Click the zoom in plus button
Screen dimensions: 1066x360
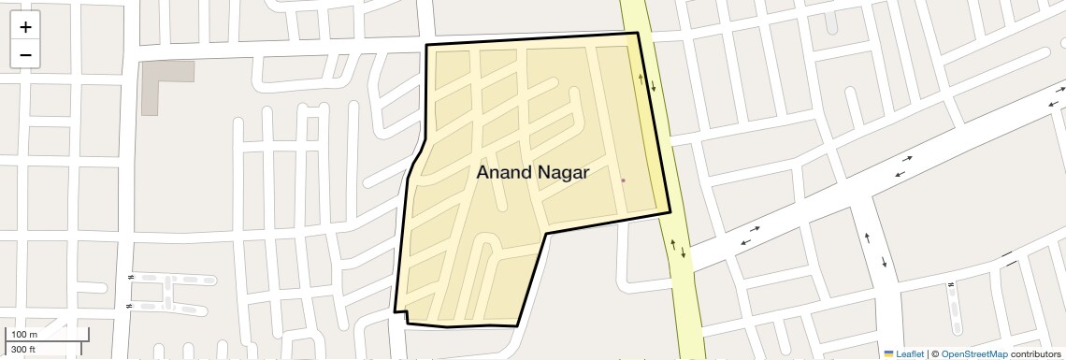pyautogui.click(x=25, y=27)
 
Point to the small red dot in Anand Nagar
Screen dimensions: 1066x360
pyautogui.click(x=623, y=180)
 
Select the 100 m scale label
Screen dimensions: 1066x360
pyautogui.click(x=24, y=335)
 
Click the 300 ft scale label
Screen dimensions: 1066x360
pyautogui.click(x=23, y=350)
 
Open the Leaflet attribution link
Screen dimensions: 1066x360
pyautogui.click(x=909, y=353)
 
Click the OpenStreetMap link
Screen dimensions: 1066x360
pyautogui.click(x=973, y=353)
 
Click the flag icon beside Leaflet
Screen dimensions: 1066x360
pyautogui.click(x=888, y=353)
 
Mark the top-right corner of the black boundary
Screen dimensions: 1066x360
pyautogui.click(x=638, y=34)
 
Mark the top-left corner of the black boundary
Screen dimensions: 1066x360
pyautogui.click(x=427, y=45)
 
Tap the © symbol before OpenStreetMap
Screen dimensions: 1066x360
pyautogui.click(x=935, y=353)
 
